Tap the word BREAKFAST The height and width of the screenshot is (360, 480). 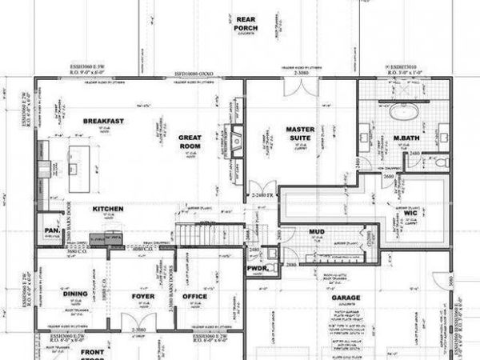coord(103,121)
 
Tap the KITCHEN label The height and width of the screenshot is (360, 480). coord(107,209)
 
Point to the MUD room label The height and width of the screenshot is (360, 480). coord(316,232)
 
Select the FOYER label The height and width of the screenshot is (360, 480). coord(142,296)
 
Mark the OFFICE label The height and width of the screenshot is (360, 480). coord(194,296)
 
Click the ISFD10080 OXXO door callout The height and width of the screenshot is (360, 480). coord(194,73)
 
